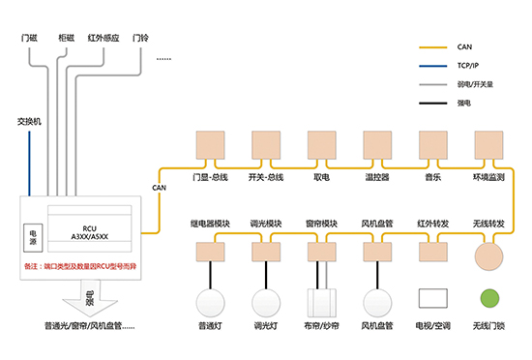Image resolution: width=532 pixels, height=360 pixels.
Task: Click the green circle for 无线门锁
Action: (490, 299)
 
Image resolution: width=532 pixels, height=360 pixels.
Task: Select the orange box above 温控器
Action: (376, 144)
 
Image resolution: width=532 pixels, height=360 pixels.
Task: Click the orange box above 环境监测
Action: (488, 144)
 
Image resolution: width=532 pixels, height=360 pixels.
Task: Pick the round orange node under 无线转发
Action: (489, 254)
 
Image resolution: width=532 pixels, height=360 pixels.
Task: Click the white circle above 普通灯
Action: (210, 300)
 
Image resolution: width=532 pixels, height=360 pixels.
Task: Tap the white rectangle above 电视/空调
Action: (432, 300)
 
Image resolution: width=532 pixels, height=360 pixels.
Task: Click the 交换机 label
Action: (30, 122)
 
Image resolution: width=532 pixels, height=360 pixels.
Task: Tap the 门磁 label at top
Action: (30, 38)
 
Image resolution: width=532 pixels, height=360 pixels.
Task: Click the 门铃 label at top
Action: (141, 38)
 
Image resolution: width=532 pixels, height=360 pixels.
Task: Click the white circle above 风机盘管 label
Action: (376, 300)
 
